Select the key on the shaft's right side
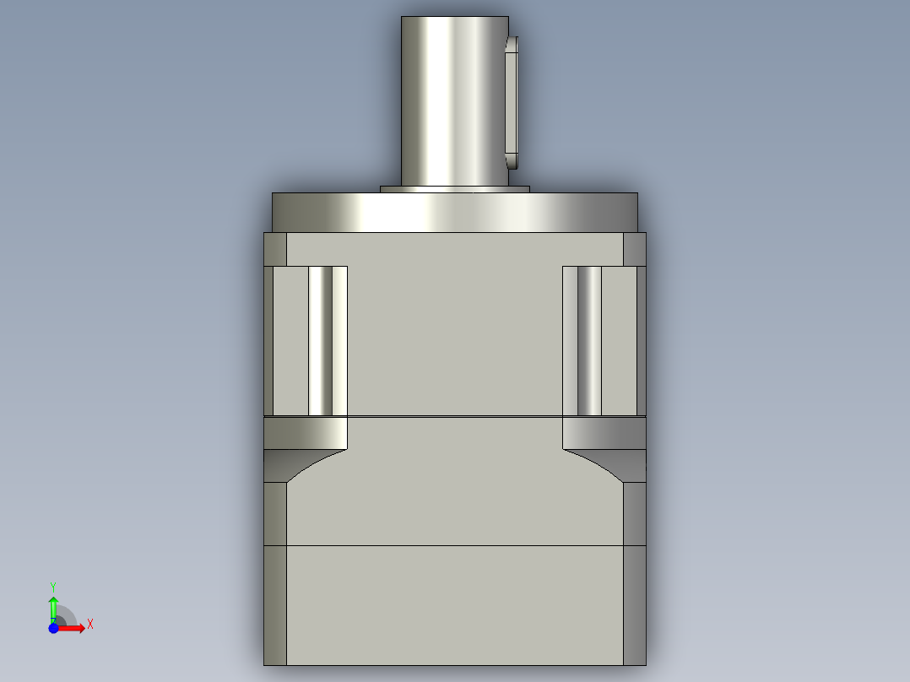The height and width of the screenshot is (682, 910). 512,101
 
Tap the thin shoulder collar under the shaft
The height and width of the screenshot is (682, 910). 454,189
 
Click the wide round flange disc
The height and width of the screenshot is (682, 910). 454,212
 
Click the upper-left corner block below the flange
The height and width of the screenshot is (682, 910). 275,249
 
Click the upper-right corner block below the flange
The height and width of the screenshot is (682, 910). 634,249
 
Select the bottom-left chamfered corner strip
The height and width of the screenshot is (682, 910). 275,604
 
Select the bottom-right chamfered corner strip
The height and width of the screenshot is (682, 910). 634,604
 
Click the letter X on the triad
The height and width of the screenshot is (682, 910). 90,625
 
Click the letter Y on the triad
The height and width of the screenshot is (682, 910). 53,586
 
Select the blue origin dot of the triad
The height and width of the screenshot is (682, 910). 53,629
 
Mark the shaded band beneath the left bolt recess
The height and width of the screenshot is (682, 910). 306,433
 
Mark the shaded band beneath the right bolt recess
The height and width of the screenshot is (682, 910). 604,433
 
